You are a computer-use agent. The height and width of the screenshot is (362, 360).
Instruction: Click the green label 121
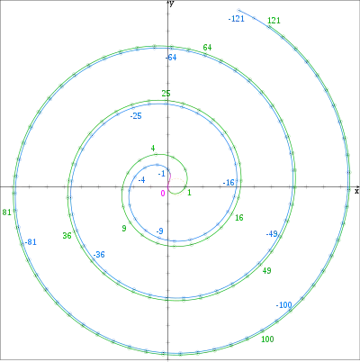coord(274,21)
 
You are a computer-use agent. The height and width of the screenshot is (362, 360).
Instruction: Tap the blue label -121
coord(237,19)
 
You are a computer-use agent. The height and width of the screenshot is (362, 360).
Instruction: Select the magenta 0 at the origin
coord(163,193)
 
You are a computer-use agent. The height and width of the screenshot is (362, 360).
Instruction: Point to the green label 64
coord(207,48)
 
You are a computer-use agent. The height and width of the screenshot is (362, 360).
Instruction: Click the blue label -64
coord(171,58)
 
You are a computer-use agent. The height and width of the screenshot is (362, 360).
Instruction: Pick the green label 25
coord(166,94)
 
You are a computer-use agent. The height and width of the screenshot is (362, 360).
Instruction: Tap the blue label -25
coord(136,116)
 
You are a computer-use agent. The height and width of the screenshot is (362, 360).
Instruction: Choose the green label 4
coord(153,149)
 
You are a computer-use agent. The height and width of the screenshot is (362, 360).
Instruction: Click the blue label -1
coord(162,174)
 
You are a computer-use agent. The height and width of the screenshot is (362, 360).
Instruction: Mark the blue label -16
coord(229,183)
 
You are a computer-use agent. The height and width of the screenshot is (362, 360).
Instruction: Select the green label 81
coord(7,213)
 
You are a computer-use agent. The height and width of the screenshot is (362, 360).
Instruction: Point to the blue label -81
coord(31,242)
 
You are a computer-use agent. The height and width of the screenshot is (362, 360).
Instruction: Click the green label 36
coord(67,236)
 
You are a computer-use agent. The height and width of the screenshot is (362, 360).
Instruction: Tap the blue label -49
coord(272,234)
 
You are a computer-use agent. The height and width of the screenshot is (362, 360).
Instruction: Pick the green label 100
coord(267,339)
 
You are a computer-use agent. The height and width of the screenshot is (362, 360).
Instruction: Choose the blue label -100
coord(284,305)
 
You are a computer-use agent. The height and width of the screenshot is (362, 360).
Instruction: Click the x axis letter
coord(356,191)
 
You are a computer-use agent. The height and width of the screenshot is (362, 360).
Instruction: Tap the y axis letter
coord(171,4)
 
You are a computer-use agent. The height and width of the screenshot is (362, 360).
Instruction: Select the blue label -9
coord(159,231)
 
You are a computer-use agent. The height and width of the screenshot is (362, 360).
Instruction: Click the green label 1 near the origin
coord(189,193)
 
